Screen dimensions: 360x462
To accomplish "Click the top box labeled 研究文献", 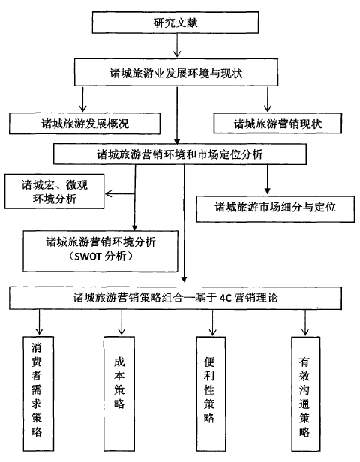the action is [175, 22].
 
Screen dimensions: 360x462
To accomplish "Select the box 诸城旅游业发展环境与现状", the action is [176, 73].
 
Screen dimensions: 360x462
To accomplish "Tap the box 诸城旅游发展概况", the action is [85, 124].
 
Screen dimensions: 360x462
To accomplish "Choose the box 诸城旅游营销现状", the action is [277, 123].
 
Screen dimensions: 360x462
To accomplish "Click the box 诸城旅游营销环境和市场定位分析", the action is [180, 154].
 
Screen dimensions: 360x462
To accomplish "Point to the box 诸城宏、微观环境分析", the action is [55, 191].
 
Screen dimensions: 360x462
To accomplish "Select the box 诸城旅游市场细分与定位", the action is [275, 209].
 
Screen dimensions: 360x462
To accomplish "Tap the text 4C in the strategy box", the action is [225, 298].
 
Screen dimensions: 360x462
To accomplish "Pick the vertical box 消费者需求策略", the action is [38, 394].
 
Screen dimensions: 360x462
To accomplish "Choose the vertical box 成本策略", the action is [119, 394].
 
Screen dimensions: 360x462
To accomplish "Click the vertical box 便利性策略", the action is [211, 394].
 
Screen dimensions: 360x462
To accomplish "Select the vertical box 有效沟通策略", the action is [305, 394].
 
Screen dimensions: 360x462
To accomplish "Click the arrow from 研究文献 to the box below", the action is [177, 45].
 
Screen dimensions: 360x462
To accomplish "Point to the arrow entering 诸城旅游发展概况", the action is [83, 99].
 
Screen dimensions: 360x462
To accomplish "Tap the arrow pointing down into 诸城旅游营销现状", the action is [268, 99].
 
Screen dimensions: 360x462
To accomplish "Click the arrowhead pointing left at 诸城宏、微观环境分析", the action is [108, 193].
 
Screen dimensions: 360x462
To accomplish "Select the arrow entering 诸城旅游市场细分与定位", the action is [268, 179].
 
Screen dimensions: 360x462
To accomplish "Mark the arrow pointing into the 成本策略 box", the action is [121, 322].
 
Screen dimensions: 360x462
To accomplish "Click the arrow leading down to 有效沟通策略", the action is [305, 322].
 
